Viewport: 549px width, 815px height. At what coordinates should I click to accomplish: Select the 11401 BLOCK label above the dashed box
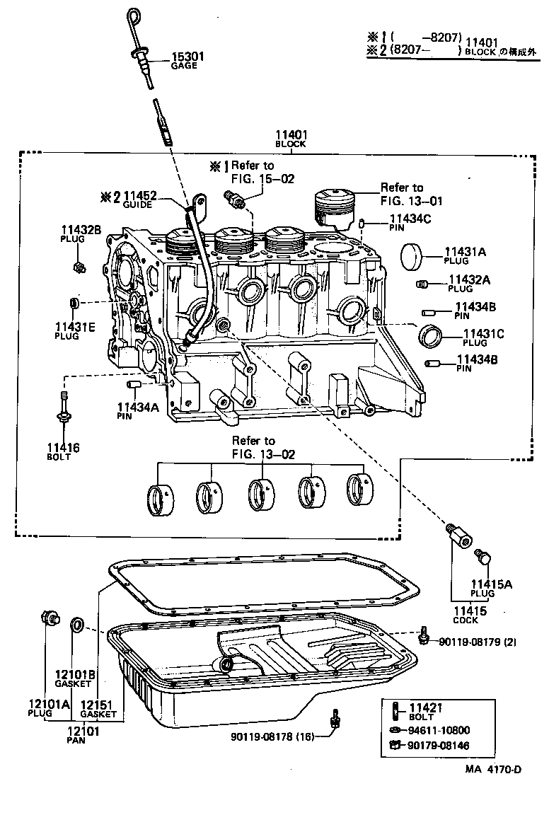pyautogui.click(x=291, y=138)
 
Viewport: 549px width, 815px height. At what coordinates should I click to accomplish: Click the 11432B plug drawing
pyautogui.click(x=79, y=267)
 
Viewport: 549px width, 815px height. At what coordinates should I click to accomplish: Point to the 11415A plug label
pyautogui.click(x=492, y=588)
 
